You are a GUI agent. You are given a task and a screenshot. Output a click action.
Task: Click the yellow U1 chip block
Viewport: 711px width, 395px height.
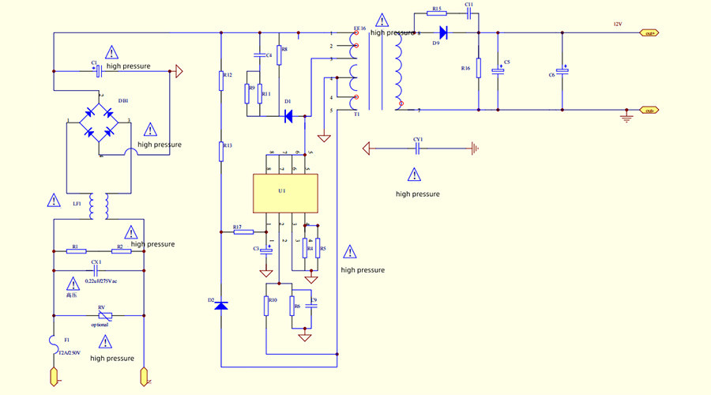point(284,193)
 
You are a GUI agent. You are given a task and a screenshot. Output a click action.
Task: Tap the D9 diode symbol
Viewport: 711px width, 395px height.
point(442,32)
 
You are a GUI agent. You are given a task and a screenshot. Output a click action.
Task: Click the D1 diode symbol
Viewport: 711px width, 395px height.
point(288,116)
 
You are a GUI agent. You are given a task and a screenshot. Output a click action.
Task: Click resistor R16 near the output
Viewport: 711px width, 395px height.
point(477,68)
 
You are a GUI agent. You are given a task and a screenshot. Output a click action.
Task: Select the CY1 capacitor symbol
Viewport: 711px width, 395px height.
point(418,148)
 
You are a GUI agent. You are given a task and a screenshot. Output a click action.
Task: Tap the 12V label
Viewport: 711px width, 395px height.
point(618,24)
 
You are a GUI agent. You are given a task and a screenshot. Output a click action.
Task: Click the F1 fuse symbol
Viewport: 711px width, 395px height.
point(54,341)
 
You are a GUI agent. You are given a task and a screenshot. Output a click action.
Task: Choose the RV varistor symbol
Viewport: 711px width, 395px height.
point(100,316)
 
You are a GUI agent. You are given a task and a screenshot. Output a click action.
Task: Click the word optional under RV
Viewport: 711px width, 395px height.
point(100,325)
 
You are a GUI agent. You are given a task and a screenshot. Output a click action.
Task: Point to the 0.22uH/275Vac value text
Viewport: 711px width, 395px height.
point(101,280)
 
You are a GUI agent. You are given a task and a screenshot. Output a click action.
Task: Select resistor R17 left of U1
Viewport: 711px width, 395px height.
point(243,232)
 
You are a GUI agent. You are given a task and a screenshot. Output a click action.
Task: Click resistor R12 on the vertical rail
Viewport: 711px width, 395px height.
point(222,81)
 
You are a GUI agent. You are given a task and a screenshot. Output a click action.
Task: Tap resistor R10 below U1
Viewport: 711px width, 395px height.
point(267,306)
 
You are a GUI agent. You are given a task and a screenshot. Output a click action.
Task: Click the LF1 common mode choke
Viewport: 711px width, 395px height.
point(99,207)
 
